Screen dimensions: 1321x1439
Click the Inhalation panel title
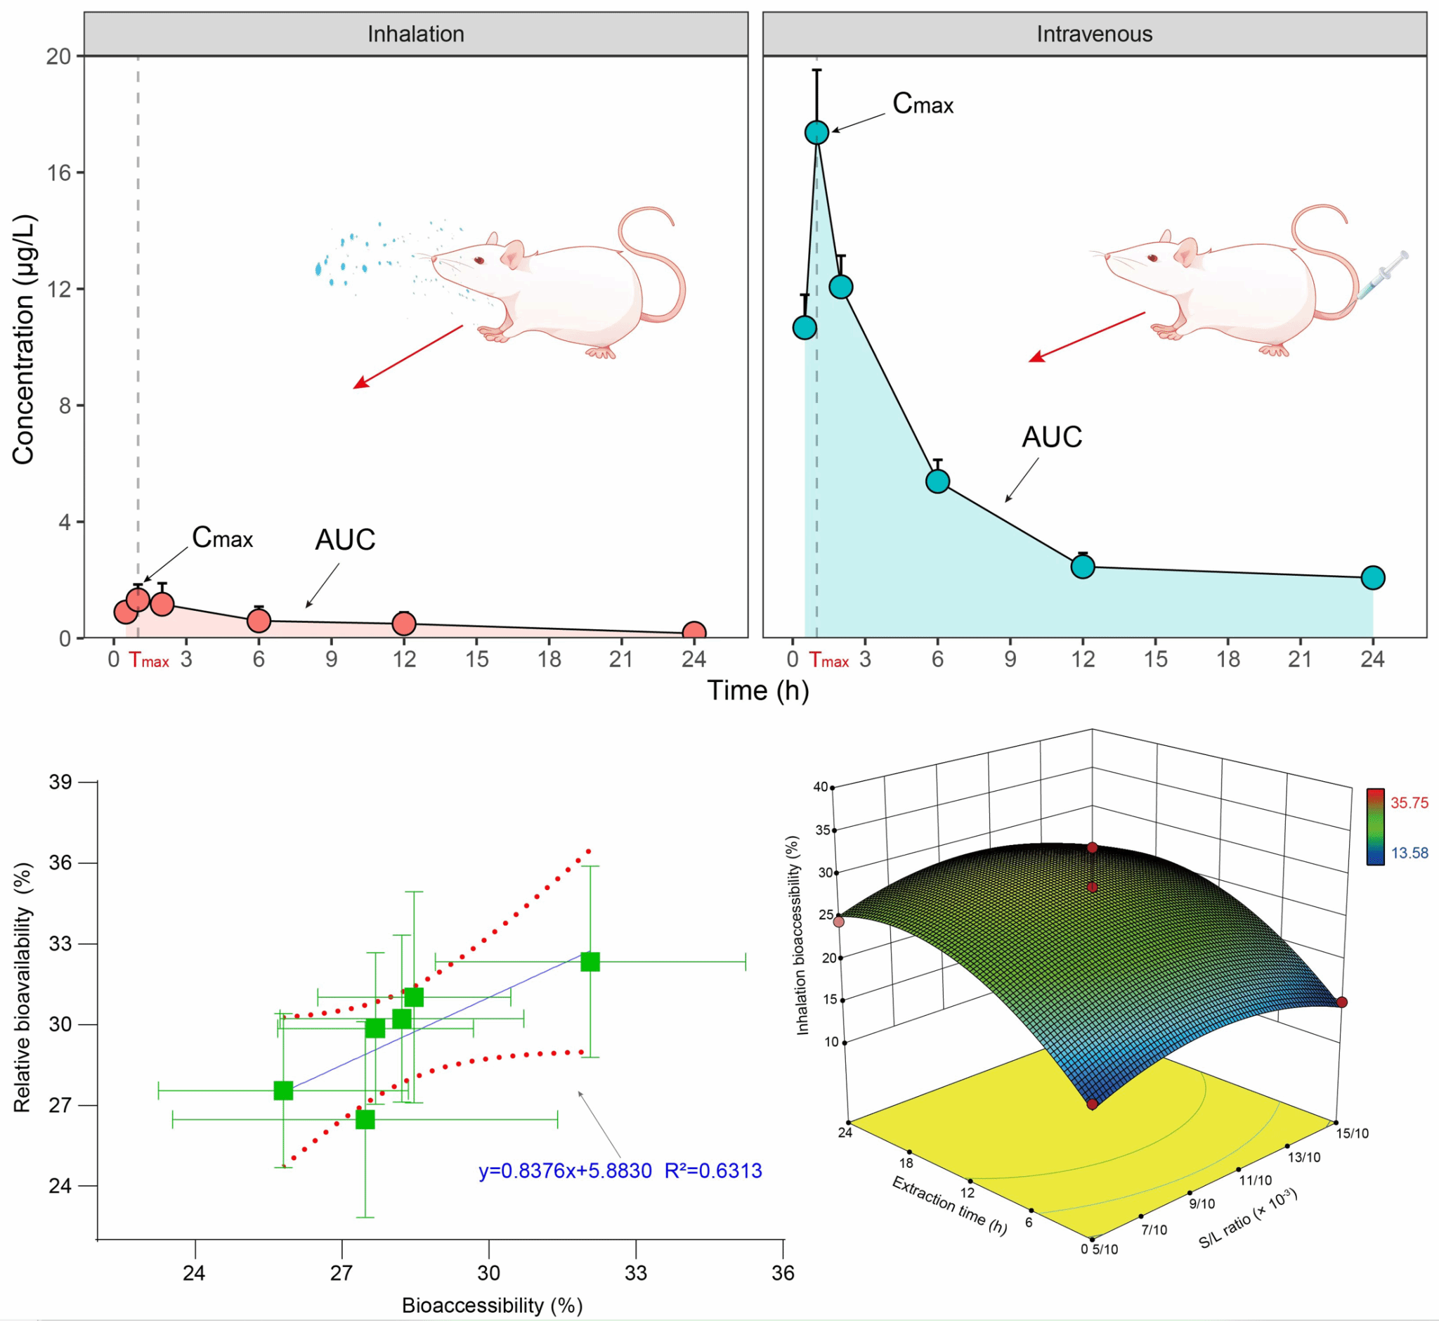416,34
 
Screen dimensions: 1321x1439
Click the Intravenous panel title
1094,34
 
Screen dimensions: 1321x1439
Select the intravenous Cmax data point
816,132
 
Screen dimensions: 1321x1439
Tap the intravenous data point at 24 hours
1372,577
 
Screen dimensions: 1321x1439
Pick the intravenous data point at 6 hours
937,481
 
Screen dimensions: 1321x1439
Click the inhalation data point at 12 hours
405,624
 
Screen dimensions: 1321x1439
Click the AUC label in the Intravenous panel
1051,437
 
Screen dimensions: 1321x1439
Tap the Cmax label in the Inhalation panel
222,538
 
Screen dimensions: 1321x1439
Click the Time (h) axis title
757,690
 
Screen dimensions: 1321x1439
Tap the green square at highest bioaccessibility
590,962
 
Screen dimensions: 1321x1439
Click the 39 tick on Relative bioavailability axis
60,781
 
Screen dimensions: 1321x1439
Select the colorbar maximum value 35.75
1408,802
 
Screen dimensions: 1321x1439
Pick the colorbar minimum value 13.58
1408,853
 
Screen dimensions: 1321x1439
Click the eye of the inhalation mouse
478,259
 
